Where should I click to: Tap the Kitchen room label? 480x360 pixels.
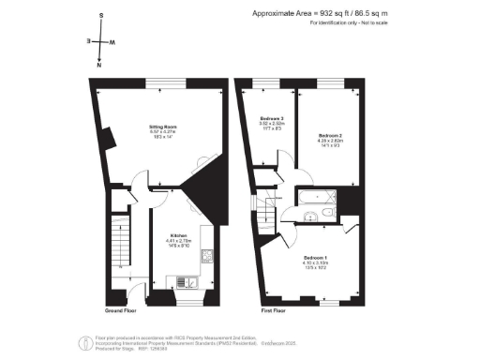(178, 235)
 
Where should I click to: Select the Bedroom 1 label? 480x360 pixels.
(314, 256)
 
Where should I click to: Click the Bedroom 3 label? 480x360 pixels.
(272, 118)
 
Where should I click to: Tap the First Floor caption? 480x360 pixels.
(272, 308)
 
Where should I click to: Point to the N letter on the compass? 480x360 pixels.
(99, 66)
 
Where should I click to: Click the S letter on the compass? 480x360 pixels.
(99, 17)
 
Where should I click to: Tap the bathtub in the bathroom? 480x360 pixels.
(309, 198)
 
